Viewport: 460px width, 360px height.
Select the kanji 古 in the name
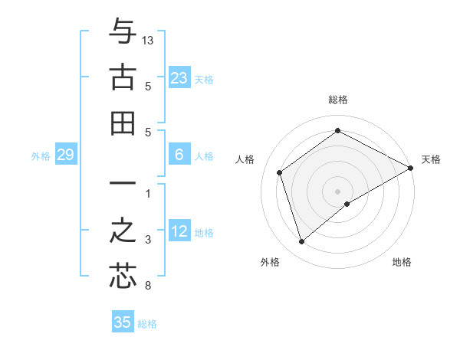click(123, 77)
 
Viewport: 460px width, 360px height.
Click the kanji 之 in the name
click(123, 231)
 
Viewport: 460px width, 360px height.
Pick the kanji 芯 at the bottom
click(123, 277)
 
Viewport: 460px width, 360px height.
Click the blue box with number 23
click(179, 77)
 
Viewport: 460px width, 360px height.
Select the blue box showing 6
click(179, 155)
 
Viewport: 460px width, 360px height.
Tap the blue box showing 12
click(179, 231)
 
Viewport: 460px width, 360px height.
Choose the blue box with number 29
click(65, 155)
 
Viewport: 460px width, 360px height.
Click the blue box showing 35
click(123, 322)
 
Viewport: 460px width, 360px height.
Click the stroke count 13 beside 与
click(148, 39)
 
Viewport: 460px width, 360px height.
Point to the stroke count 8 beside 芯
click(148, 286)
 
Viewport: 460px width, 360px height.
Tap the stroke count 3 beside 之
click(148, 241)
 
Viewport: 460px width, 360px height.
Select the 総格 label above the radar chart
click(338, 100)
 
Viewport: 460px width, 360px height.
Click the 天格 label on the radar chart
click(431, 159)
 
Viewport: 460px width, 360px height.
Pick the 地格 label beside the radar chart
click(402, 262)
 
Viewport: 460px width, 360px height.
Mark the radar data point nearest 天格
click(411, 168)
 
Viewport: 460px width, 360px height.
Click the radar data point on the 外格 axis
click(301, 242)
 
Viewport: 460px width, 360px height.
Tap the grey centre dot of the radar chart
click(338, 191)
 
